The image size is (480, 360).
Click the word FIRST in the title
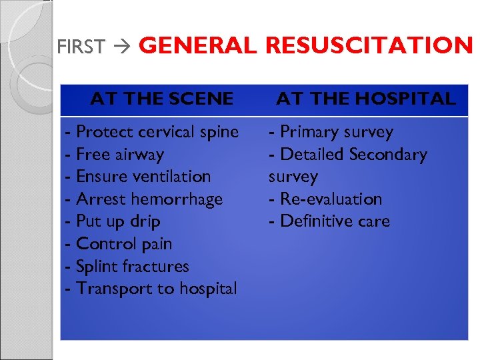[81, 47]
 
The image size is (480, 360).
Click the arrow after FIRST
[123, 47]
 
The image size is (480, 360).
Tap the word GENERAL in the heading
[197, 45]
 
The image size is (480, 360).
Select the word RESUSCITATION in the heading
[369, 45]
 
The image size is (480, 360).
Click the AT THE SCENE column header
[162, 99]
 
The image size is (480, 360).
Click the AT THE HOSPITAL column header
[366, 99]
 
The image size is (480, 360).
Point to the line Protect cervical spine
[152, 132]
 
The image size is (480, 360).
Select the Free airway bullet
[115, 155]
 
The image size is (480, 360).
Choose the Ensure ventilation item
[138, 177]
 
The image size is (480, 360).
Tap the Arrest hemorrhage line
[144, 199]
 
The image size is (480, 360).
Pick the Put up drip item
[113, 221]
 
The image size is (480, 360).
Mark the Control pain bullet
[119, 244]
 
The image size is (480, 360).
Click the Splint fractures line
[127, 267]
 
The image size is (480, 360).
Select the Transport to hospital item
[151, 289]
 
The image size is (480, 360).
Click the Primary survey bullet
[331, 132]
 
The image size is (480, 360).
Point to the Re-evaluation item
[325, 199]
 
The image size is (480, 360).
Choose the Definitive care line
[329, 221]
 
